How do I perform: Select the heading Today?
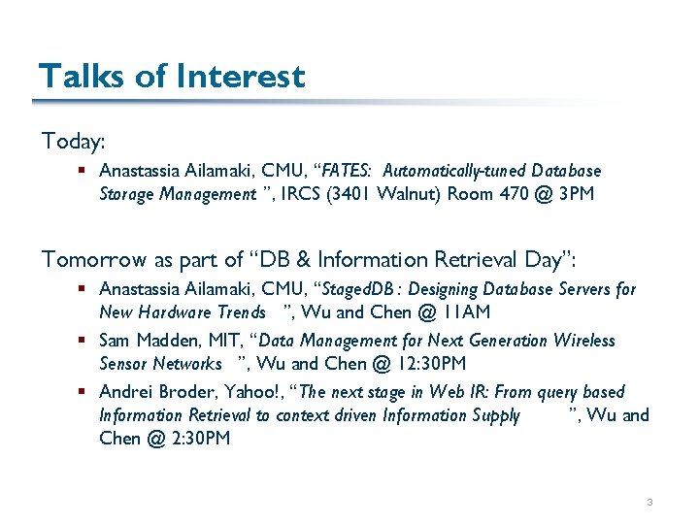tap(73, 142)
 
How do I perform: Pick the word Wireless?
tap(585, 341)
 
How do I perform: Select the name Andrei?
tap(124, 392)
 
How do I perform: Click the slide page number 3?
tap(649, 502)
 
